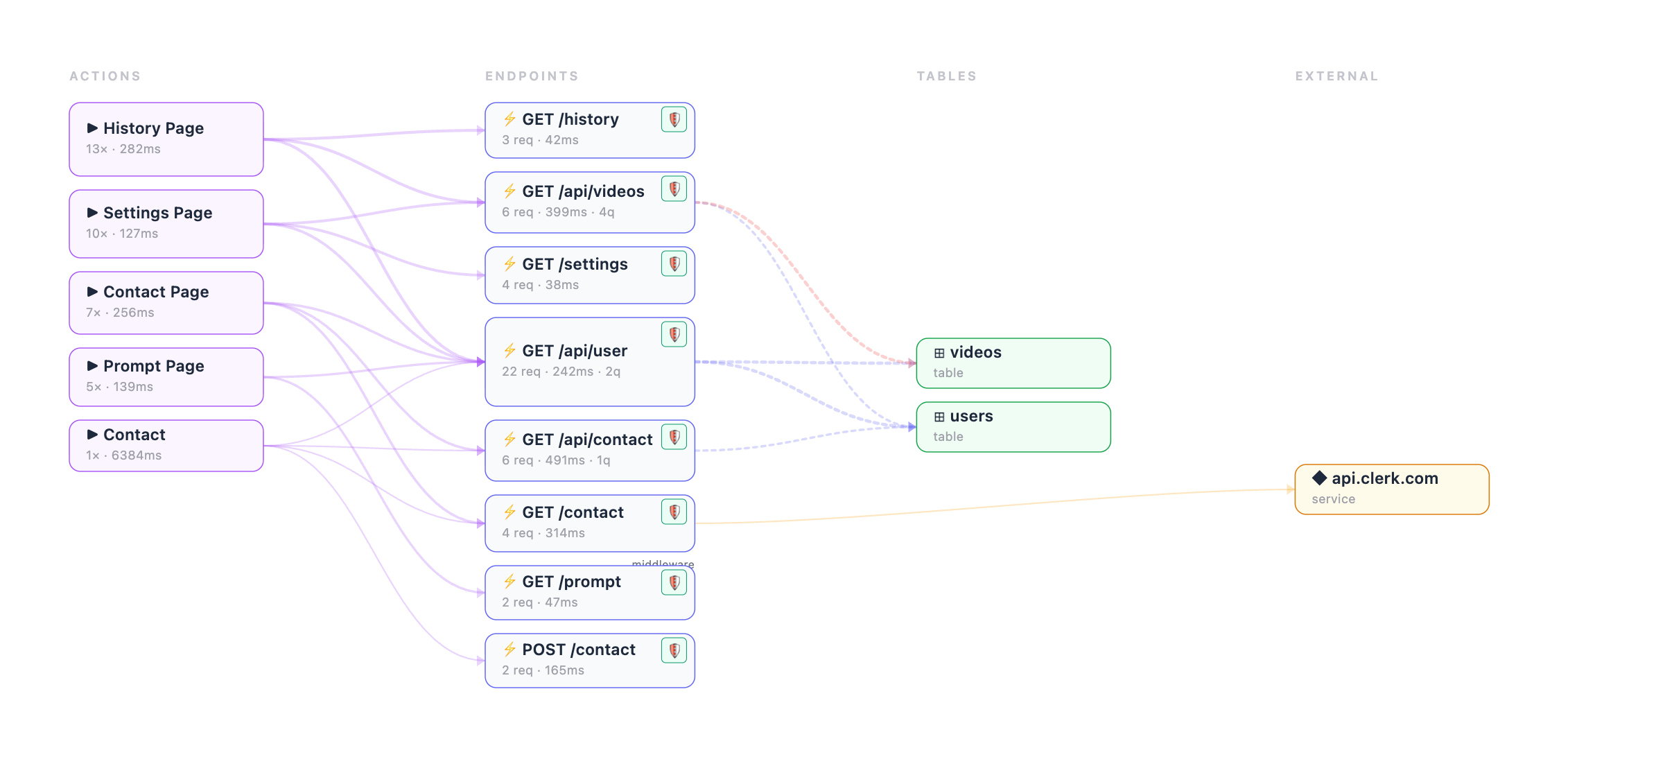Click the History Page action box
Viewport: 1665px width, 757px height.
tap(166, 139)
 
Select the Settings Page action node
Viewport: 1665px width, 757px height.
tap(166, 224)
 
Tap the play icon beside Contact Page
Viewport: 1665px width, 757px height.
tap(92, 292)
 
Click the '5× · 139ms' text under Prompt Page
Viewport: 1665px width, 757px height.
tap(119, 387)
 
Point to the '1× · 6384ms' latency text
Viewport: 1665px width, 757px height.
tap(123, 455)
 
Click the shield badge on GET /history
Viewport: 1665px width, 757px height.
tap(674, 119)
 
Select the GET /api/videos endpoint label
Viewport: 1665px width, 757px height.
tap(583, 191)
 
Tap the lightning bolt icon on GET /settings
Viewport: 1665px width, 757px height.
tap(509, 264)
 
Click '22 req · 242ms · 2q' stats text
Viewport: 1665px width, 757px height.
tap(561, 372)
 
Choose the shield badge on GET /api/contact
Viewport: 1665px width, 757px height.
tap(674, 437)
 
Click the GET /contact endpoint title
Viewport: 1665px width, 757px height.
tap(573, 512)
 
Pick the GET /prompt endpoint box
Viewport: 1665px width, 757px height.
tap(589, 593)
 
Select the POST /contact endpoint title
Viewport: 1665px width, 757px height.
tap(578, 650)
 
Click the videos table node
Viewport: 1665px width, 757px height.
tap(1013, 363)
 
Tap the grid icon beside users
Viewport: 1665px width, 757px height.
tap(939, 417)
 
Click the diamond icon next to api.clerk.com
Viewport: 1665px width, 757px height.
tap(1319, 478)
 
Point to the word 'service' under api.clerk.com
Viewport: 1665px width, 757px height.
tap(1333, 499)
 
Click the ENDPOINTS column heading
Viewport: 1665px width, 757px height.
tap(532, 76)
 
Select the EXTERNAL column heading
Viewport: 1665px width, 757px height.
tap(1336, 76)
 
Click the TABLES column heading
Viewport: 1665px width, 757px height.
tap(946, 76)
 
